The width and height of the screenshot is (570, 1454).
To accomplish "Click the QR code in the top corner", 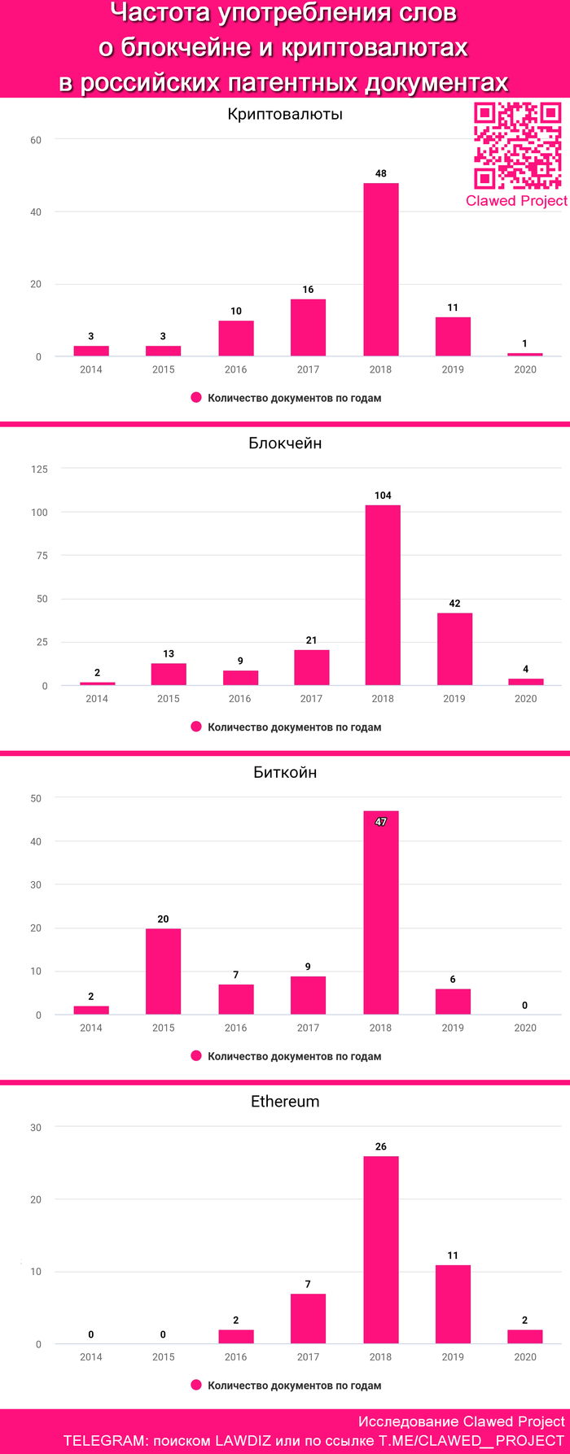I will tap(517, 146).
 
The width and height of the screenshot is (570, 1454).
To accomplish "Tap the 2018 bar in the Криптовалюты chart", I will tap(380, 269).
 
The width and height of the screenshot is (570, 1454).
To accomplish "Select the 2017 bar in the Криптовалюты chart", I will tap(308, 327).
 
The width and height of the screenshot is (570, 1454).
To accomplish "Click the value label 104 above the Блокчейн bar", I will tap(383, 496).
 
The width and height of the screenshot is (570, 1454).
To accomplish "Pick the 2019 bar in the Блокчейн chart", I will tap(454, 648).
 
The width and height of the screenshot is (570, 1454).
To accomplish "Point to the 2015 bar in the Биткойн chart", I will tap(163, 971).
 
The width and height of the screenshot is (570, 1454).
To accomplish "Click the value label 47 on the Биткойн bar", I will tap(380, 822).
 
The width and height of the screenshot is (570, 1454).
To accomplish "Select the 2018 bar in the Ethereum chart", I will tap(380, 1250).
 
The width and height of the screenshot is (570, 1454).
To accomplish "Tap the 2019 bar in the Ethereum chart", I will tap(453, 1304).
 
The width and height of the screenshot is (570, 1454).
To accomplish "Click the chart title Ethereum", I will tap(285, 1102).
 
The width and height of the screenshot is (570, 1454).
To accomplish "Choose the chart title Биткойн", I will tap(285, 772).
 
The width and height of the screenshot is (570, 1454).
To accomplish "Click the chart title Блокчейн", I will tap(285, 443).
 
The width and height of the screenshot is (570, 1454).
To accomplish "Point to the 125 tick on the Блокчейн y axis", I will tap(39, 469).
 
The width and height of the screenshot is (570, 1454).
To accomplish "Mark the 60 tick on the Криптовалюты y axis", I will tap(36, 140).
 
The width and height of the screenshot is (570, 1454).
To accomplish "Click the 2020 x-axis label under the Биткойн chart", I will tap(525, 1028).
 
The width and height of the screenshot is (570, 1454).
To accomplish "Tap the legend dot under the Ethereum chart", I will tap(196, 1385).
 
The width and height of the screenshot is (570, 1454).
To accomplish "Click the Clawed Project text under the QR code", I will tap(516, 201).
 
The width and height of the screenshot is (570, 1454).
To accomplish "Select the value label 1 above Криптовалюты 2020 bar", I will tap(524, 343).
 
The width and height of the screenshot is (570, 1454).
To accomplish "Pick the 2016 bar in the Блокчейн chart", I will tap(240, 678).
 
